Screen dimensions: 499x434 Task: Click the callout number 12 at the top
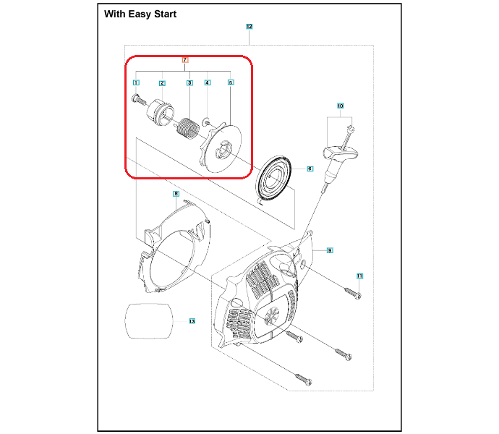coord(249,27)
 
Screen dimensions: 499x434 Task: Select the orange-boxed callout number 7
coord(185,60)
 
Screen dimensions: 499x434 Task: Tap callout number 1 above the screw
coord(136,82)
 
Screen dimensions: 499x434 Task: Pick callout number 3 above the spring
coord(189,83)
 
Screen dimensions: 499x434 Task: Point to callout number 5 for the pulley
coord(231,82)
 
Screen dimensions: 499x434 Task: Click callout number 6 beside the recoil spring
coord(310,169)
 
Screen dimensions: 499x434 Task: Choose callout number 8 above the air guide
coord(176,194)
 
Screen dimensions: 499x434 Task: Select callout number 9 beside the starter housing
coord(330,250)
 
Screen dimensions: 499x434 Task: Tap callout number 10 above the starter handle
coord(340,106)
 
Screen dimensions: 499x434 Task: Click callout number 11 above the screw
coord(359,276)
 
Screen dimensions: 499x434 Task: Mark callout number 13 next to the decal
coord(192,321)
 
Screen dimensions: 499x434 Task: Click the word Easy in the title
coord(140,14)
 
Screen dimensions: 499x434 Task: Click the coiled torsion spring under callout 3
coord(188,129)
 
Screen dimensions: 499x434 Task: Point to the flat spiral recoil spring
coord(273,180)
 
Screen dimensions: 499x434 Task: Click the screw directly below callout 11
coord(353,293)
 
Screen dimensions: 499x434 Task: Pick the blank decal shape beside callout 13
coord(148,321)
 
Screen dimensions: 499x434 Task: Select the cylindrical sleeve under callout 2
coord(160,111)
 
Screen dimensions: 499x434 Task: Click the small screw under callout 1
coord(139,99)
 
